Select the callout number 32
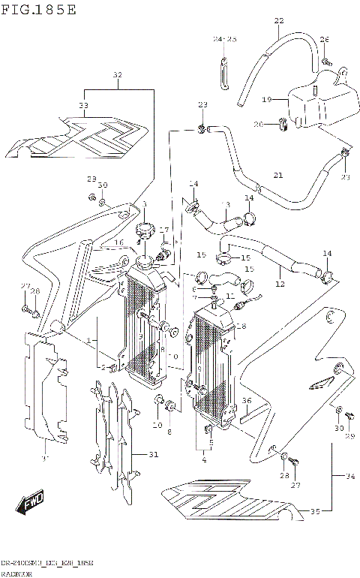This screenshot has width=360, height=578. point(117,75)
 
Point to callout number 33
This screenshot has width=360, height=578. point(83,106)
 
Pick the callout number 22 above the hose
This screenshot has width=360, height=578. point(279,20)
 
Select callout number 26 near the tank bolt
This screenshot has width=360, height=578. point(325,39)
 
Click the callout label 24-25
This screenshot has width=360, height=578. point(223,39)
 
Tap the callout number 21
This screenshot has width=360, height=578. point(278,176)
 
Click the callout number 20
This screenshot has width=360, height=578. point(258,124)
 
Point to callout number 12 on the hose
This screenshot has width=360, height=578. point(280,284)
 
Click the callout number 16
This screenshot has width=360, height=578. point(118,242)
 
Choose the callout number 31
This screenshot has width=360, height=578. point(154,454)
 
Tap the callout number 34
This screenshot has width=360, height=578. point(349,475)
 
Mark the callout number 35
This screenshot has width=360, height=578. point(315,512)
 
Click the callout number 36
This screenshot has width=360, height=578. point(246,402)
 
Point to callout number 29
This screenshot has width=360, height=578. point(348,436)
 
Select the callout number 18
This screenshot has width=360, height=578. point(241,327)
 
